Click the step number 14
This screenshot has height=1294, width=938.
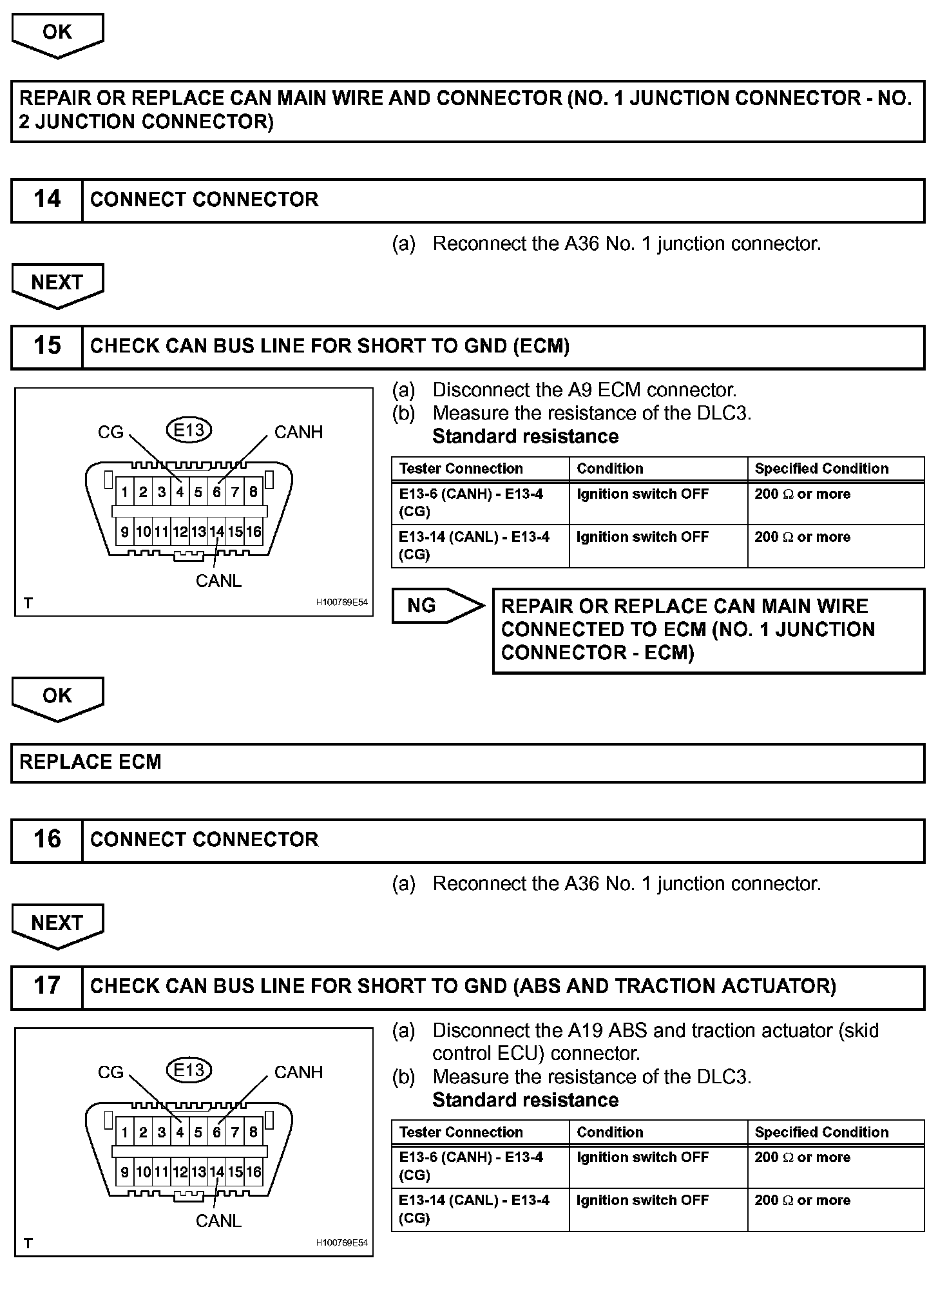point(47,199)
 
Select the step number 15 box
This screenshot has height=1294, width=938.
point(47,345)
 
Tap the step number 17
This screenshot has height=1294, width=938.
point(47,985)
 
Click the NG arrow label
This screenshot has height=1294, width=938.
point(423,605)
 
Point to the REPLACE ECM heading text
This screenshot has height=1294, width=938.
point(90,762)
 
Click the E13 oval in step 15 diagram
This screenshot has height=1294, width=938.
point(189,430)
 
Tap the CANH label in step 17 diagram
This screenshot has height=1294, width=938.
point(298,1072)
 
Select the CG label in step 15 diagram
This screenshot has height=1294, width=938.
point(110,432)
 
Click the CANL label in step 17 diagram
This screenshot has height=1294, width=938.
point(218,1221)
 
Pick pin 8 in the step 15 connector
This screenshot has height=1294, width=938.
point(254,492)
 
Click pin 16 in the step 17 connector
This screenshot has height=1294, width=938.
point(254,1172)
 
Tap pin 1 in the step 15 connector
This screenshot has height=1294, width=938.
point(124,492)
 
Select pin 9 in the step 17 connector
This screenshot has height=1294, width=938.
point(124,1172)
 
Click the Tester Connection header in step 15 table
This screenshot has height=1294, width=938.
point(461,468)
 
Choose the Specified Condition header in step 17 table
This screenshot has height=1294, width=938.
point(821,1132)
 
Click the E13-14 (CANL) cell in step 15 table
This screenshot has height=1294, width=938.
point(474,545)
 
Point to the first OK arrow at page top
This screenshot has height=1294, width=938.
point(57,32)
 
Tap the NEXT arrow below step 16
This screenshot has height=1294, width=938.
point(57,923)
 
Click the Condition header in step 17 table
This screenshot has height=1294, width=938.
point(609,1132)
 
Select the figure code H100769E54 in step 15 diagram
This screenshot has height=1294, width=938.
point(341,603)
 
